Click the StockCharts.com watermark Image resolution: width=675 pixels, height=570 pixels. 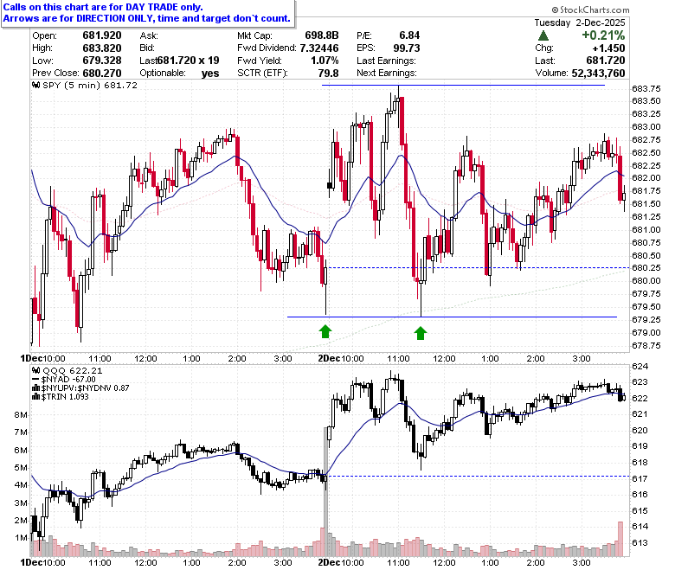coord(590,10)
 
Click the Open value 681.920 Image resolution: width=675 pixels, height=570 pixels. coord(102,35)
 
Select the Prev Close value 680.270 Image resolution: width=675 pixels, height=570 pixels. coord(102,74)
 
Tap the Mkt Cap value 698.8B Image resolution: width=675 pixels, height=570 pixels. coord(322,35)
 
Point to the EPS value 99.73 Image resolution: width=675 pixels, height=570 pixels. coord(407,48)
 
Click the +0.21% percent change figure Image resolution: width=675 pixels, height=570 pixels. coord(603,35)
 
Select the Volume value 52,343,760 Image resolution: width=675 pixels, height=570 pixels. coord(598,74)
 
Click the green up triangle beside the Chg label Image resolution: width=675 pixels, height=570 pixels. coord(543,35)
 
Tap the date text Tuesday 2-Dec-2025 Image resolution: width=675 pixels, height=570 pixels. coord(580,22)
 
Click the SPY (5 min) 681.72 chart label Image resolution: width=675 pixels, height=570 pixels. coord(85,85)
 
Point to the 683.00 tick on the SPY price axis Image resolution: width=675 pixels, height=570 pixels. coord(646,127)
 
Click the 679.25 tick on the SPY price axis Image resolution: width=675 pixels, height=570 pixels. coord(646,320)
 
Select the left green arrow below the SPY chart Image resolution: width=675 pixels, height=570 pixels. coord(325,331)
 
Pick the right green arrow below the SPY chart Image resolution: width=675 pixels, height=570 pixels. coord(421,332)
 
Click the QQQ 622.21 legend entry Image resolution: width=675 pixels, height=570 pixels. coord(67,371)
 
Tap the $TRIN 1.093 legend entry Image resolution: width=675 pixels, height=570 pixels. coord(61,397)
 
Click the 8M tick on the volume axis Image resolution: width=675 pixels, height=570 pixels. coord(21,414)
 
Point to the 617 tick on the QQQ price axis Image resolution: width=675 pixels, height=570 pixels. coord(640,478)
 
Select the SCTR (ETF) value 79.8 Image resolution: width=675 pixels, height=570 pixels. coord(328,74)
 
